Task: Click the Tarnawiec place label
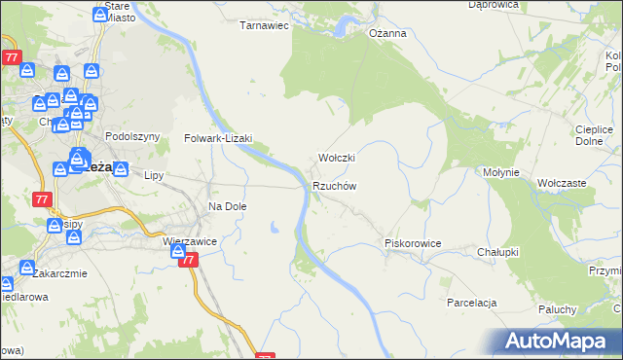click(x=266, y=26)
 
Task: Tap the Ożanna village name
click(x=386, y=33)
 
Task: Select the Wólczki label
click(x=337, y=158)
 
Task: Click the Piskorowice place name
click(x=414, y=243)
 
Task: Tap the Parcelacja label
click(x=472, y=303)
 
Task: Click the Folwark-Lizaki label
click(x=218, y=139)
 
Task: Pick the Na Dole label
click(x=228, y=206)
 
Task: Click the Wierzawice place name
click(x=189, y=240)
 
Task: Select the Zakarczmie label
click(x=57, y=273)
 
